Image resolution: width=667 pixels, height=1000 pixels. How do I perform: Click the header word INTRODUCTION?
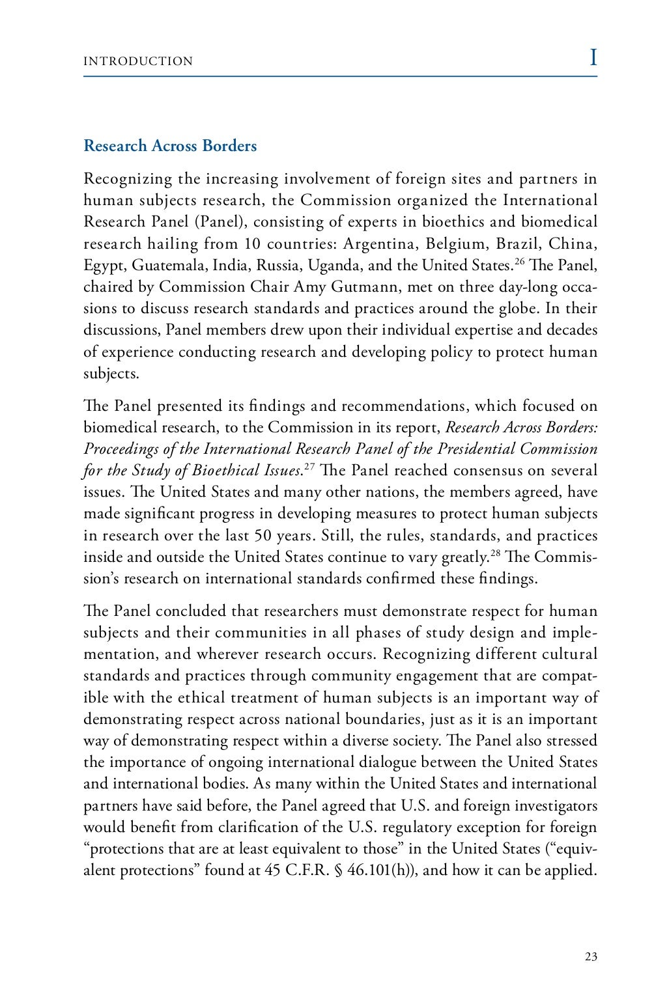(138, 61)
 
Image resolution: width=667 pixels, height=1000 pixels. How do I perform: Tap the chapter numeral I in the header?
(593, 58)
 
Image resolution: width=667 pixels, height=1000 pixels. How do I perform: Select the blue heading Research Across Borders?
(170, 146)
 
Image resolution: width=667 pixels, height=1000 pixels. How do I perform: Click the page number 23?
(591, 956)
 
